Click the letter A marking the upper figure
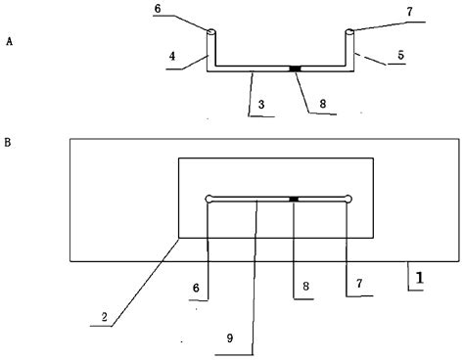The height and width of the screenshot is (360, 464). (x=9, y=43)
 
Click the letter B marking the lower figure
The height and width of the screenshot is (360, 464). (x=9, y=143)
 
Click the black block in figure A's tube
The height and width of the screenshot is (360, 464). (x=294, y=67)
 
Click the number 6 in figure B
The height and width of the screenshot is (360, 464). (x=197, y=288)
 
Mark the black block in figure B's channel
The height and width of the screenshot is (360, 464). (x=294, y=199)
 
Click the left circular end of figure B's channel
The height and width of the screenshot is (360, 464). (x=209, y=200)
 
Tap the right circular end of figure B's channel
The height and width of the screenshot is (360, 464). (x=348, y=200)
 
